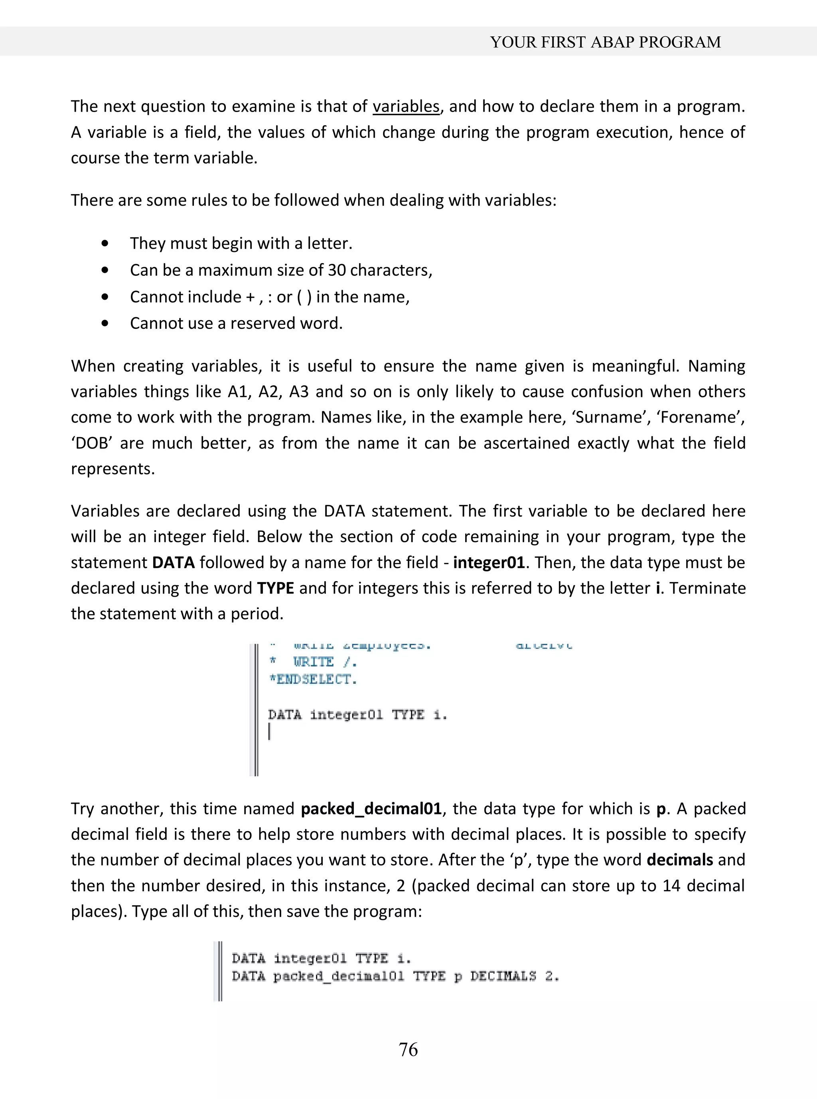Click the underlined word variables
coord(406,107)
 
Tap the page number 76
coord(408,1049)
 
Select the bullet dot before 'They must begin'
coord(105,244)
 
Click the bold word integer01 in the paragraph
coord(488,563)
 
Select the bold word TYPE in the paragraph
coord(276,588)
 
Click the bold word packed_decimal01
coord(371,809)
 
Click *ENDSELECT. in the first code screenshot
coord(312,680)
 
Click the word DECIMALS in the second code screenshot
coord(503,977)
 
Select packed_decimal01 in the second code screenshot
coord(338,977)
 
